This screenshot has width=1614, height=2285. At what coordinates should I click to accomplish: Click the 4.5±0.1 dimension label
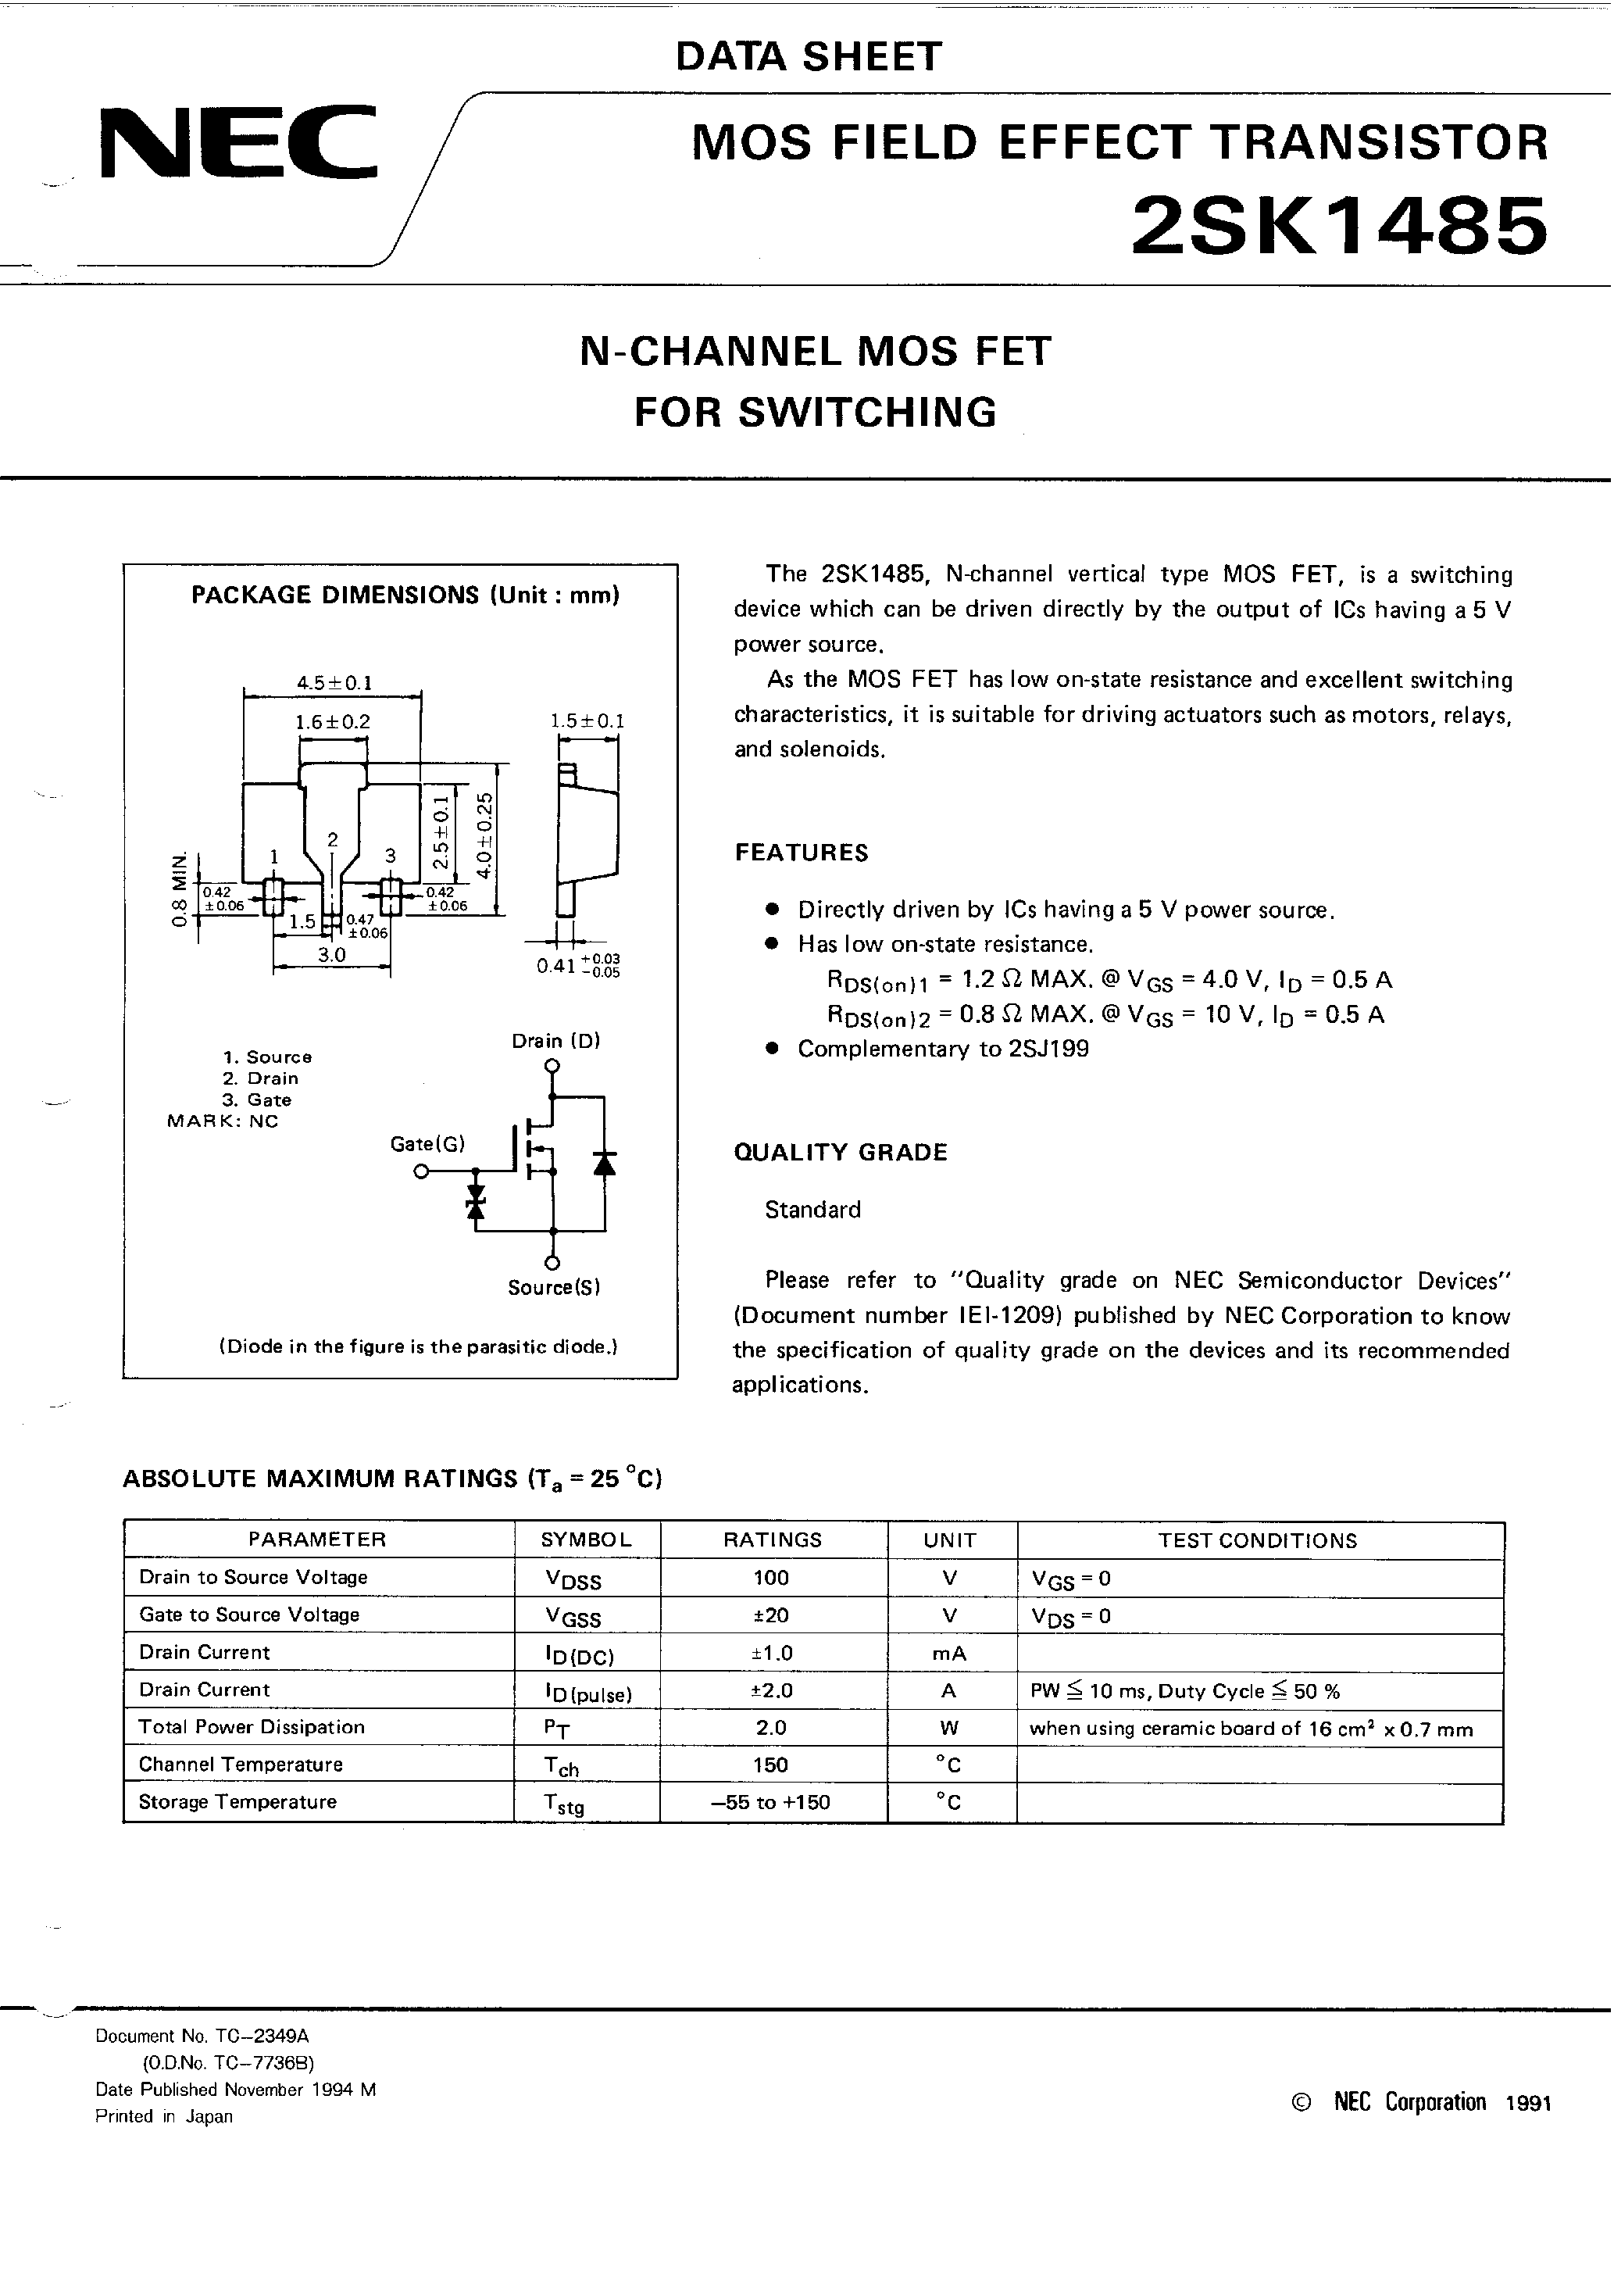pyautogui.click(x=334, y=683)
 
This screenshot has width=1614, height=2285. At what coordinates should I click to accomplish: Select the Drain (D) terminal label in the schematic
pyautogui.click(x=555, y=1041)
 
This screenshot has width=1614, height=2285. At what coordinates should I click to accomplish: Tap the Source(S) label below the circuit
pyautogui.click(x=553, y=1288)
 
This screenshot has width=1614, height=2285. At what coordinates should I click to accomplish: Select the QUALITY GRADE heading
pyautogui.click(x=840, y=1153)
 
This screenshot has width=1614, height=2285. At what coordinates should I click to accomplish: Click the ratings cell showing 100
pyautogui.click(x=771, y=1578)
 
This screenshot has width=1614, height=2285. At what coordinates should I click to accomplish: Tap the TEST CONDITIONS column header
pyautogui.click(x=1257, y=1540)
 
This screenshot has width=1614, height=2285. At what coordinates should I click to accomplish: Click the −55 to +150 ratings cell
pyautogui.click(x=771, y=1802)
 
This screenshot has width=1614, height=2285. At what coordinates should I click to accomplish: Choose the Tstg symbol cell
pyautogui.click(x=563, y=1804)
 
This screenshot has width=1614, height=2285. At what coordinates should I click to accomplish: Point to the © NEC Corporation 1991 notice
pyautogui.click(x=1420, y=2102)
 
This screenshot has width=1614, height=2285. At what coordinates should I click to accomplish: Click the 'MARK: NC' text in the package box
pyautogui.click(x=223, y=1121)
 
